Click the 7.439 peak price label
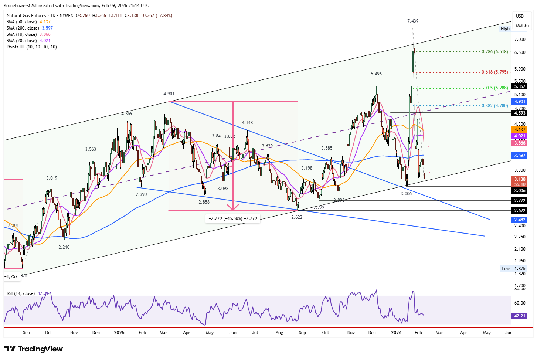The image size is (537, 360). click(413, 21)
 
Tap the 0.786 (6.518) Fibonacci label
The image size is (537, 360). click(494, 52)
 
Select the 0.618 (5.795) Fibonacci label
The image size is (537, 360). click(494, 72)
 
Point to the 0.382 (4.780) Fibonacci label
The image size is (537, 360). click(494, 106)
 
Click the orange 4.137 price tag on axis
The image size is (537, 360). click(520, 130)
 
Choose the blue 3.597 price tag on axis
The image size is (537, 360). click(520, 156)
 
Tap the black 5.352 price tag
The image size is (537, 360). click(520, 86)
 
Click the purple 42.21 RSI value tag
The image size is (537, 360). click(520, 316)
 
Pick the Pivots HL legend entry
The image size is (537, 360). click(32, 47)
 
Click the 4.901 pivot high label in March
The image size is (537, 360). click(169, 94)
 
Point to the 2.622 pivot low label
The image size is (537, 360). click(296, 217)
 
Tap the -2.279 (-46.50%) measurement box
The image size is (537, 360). click(233, 218)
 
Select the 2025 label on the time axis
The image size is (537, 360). click(119, 333)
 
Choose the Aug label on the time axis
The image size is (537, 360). click(279, 333)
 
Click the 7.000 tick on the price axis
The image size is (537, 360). click(520, 40)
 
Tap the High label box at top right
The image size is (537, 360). click(505, 29)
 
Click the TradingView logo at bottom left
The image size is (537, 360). click(34, 349)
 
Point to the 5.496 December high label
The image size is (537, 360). click(376, 74)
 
